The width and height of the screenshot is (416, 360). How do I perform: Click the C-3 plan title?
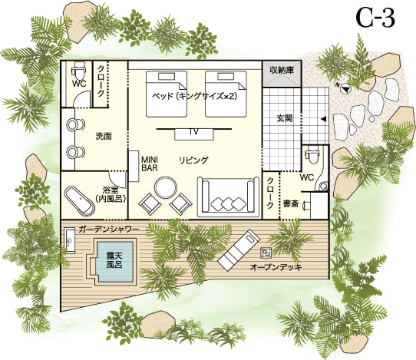tap(375, 18)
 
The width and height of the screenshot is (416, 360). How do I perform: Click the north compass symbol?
tap(345, 88)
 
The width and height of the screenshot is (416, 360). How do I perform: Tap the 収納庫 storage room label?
tap(282, 71)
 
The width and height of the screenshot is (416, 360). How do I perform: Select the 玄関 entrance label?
tap(285, 118)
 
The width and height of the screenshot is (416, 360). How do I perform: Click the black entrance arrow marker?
tap(323, 120)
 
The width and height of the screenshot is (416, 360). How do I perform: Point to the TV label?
tap(194, 132)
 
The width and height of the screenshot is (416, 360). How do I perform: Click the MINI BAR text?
tap(150, 163)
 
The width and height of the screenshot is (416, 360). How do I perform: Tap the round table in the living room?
tap(166, 188)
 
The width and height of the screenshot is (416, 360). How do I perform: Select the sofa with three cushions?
tap(228, 197)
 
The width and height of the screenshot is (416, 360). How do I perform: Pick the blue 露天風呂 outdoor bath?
tap(115, 262)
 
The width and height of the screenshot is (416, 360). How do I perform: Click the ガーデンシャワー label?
tap(108, 230)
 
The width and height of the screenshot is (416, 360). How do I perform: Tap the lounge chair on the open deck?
tap(239, 250)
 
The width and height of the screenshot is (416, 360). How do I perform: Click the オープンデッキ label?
tap(276, 267)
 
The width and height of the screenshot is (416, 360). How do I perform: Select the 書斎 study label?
tap(291, 203)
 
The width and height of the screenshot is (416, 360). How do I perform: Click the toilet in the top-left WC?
tap(79, 69)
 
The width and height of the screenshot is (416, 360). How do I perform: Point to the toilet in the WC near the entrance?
tap(311, 156)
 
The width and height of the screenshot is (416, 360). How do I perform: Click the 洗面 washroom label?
tap(104, 137)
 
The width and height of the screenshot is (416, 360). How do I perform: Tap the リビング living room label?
tap(193, 160)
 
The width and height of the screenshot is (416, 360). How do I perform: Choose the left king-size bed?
tap(167, 94)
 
